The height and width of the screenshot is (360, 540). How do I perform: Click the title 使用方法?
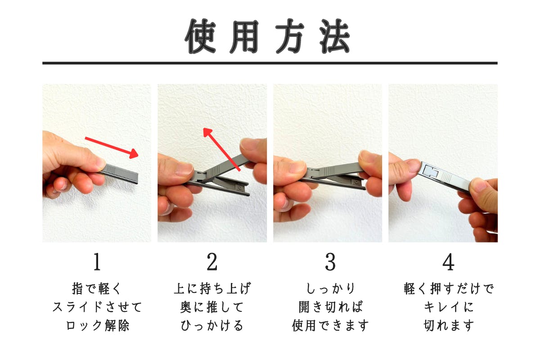pos(267,36)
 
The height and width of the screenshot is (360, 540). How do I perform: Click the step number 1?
pos(97,262)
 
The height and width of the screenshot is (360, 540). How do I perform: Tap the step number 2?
pos(212,262)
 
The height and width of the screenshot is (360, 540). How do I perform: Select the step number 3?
pos(330,262)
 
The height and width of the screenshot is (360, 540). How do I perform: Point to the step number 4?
pos(448,262)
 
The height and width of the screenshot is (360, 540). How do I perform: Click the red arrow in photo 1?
pos(112,148)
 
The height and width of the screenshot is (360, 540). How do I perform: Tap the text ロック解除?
pos(97,325)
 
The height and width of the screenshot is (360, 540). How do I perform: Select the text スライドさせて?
pos(97,307)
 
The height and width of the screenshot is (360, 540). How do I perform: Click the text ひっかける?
pos(212,325)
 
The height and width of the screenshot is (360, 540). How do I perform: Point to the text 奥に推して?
pos(212,307)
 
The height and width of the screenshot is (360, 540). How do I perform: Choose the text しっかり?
pos(330,288)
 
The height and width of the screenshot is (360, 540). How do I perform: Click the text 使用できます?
pos(330,325)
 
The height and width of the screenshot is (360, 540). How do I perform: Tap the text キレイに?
pos(448,307)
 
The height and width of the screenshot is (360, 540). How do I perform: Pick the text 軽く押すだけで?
pos(449,288)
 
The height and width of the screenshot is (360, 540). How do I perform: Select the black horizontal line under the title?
pos(270,63)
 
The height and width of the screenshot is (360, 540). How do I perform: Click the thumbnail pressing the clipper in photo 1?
pos(100,163)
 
